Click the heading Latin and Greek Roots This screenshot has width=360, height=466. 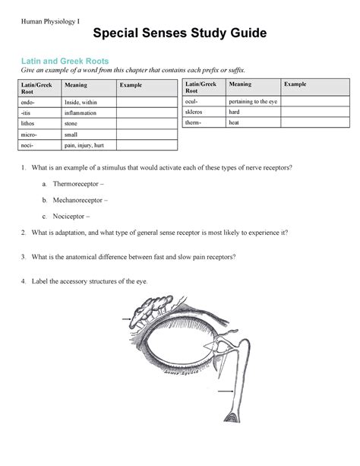coord(69,60)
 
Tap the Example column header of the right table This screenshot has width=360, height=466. coord(295,84)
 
